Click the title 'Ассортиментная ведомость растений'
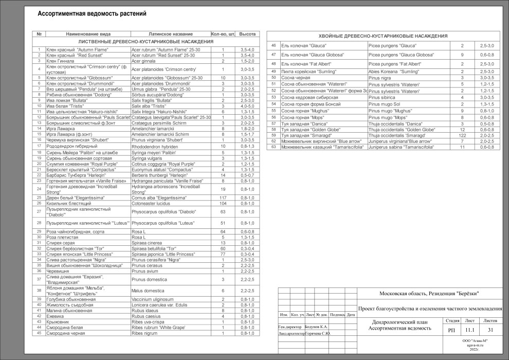coord(92,14)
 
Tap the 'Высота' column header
coord(248,34)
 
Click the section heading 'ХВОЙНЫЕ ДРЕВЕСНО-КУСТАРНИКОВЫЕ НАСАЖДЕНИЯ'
coord(383,35)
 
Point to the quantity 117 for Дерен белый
coord(223,198)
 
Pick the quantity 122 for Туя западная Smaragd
coord(462,135)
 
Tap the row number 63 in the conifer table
coord(274,147)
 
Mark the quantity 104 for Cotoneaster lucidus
coord(223,204)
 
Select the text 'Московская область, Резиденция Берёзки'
coord(429,293)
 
